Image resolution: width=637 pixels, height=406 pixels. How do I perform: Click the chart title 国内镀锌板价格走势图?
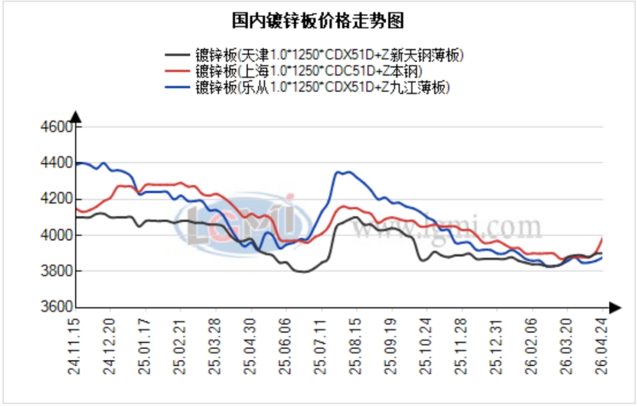coord(318,21)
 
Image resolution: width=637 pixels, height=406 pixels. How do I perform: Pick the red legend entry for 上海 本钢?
coord(308,72)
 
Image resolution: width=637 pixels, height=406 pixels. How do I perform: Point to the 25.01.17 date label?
coord(146,345)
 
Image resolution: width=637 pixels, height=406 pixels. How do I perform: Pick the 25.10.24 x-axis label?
coord(427,345)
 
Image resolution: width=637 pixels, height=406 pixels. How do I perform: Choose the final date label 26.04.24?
coord(602,345)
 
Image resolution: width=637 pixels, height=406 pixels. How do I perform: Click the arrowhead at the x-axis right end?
coord(615,307)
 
